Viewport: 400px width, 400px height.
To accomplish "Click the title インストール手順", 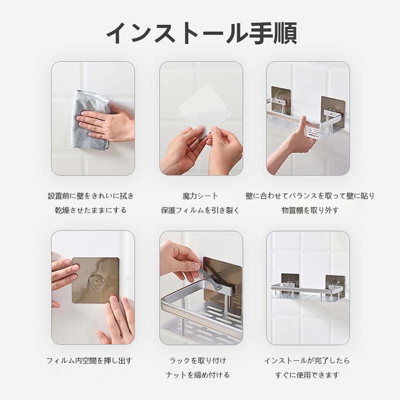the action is (201, 33).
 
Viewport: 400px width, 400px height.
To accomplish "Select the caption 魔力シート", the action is (200, 196).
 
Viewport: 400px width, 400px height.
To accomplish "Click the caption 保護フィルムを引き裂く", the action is (200, 210).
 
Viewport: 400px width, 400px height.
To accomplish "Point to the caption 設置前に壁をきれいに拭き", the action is (91, 196).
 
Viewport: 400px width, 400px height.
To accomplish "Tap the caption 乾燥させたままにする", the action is (91, 210).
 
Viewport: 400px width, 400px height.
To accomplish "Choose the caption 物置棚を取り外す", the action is (310, 210).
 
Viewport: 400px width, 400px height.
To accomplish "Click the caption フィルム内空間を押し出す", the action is (89, 360).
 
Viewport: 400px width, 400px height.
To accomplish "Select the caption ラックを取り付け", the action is (197, 360).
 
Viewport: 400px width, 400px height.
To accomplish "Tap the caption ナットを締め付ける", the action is (197, 375).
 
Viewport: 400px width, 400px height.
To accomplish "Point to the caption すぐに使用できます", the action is (307, 375).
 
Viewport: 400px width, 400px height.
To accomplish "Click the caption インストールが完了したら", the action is (307, 360).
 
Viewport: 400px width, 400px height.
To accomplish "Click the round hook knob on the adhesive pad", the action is (95, 282).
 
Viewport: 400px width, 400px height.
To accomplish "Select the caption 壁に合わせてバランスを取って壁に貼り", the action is (310, 196).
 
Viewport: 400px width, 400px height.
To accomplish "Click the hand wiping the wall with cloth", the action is (104, 123).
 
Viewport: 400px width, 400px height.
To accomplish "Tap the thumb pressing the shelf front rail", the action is (303, 125).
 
